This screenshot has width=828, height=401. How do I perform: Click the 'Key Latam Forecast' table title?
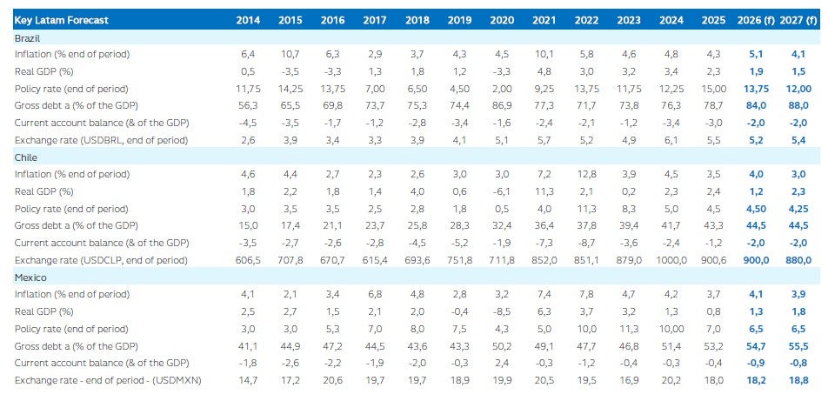[x=61, y=20]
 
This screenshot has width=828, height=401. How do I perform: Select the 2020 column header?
[x=502, y=20]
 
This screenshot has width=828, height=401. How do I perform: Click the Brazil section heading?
[x=28, y=38]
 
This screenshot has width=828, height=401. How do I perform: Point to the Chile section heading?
[x=26, y=157]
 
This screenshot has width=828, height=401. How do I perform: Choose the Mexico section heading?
[x=30, y=277]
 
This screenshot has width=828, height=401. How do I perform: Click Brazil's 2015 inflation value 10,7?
[x=290, y=54]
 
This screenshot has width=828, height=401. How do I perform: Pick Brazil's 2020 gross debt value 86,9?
[x=502, y=105]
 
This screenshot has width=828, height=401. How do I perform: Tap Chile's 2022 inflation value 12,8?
[x=586, y=174]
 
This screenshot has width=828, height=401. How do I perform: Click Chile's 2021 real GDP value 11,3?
[x=544, y=191]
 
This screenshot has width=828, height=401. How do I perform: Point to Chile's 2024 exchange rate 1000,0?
[x=671, y=260]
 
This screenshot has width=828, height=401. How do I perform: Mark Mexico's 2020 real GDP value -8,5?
[x=502, y=311]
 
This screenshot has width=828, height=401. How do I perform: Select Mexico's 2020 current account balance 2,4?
[x=502, y=363]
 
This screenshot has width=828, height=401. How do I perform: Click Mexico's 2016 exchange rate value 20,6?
[x=332, y=380]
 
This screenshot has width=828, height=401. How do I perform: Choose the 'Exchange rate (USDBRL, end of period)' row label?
[x=102, y=140]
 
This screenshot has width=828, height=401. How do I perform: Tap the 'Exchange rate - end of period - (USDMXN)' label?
[x=109, y=380]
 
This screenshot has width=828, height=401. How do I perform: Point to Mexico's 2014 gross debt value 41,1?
[x=248, y=345]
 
